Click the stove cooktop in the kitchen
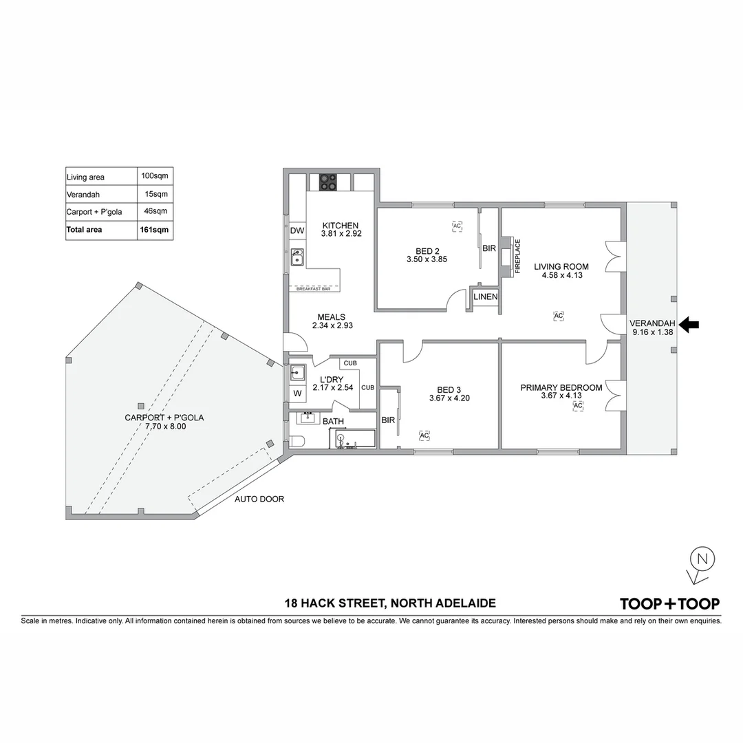328,182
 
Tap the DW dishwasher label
297,230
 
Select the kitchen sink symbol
297,257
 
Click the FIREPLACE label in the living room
518,257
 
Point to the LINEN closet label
485,297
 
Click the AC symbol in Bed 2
457,225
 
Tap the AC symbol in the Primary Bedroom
578,406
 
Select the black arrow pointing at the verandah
689,325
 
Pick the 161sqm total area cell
155,230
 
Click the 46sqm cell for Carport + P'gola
155,212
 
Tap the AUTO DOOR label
259,499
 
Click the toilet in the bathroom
297,442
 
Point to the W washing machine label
297,394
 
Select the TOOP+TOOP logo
669,604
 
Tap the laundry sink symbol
297,373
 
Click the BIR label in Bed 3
388,420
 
